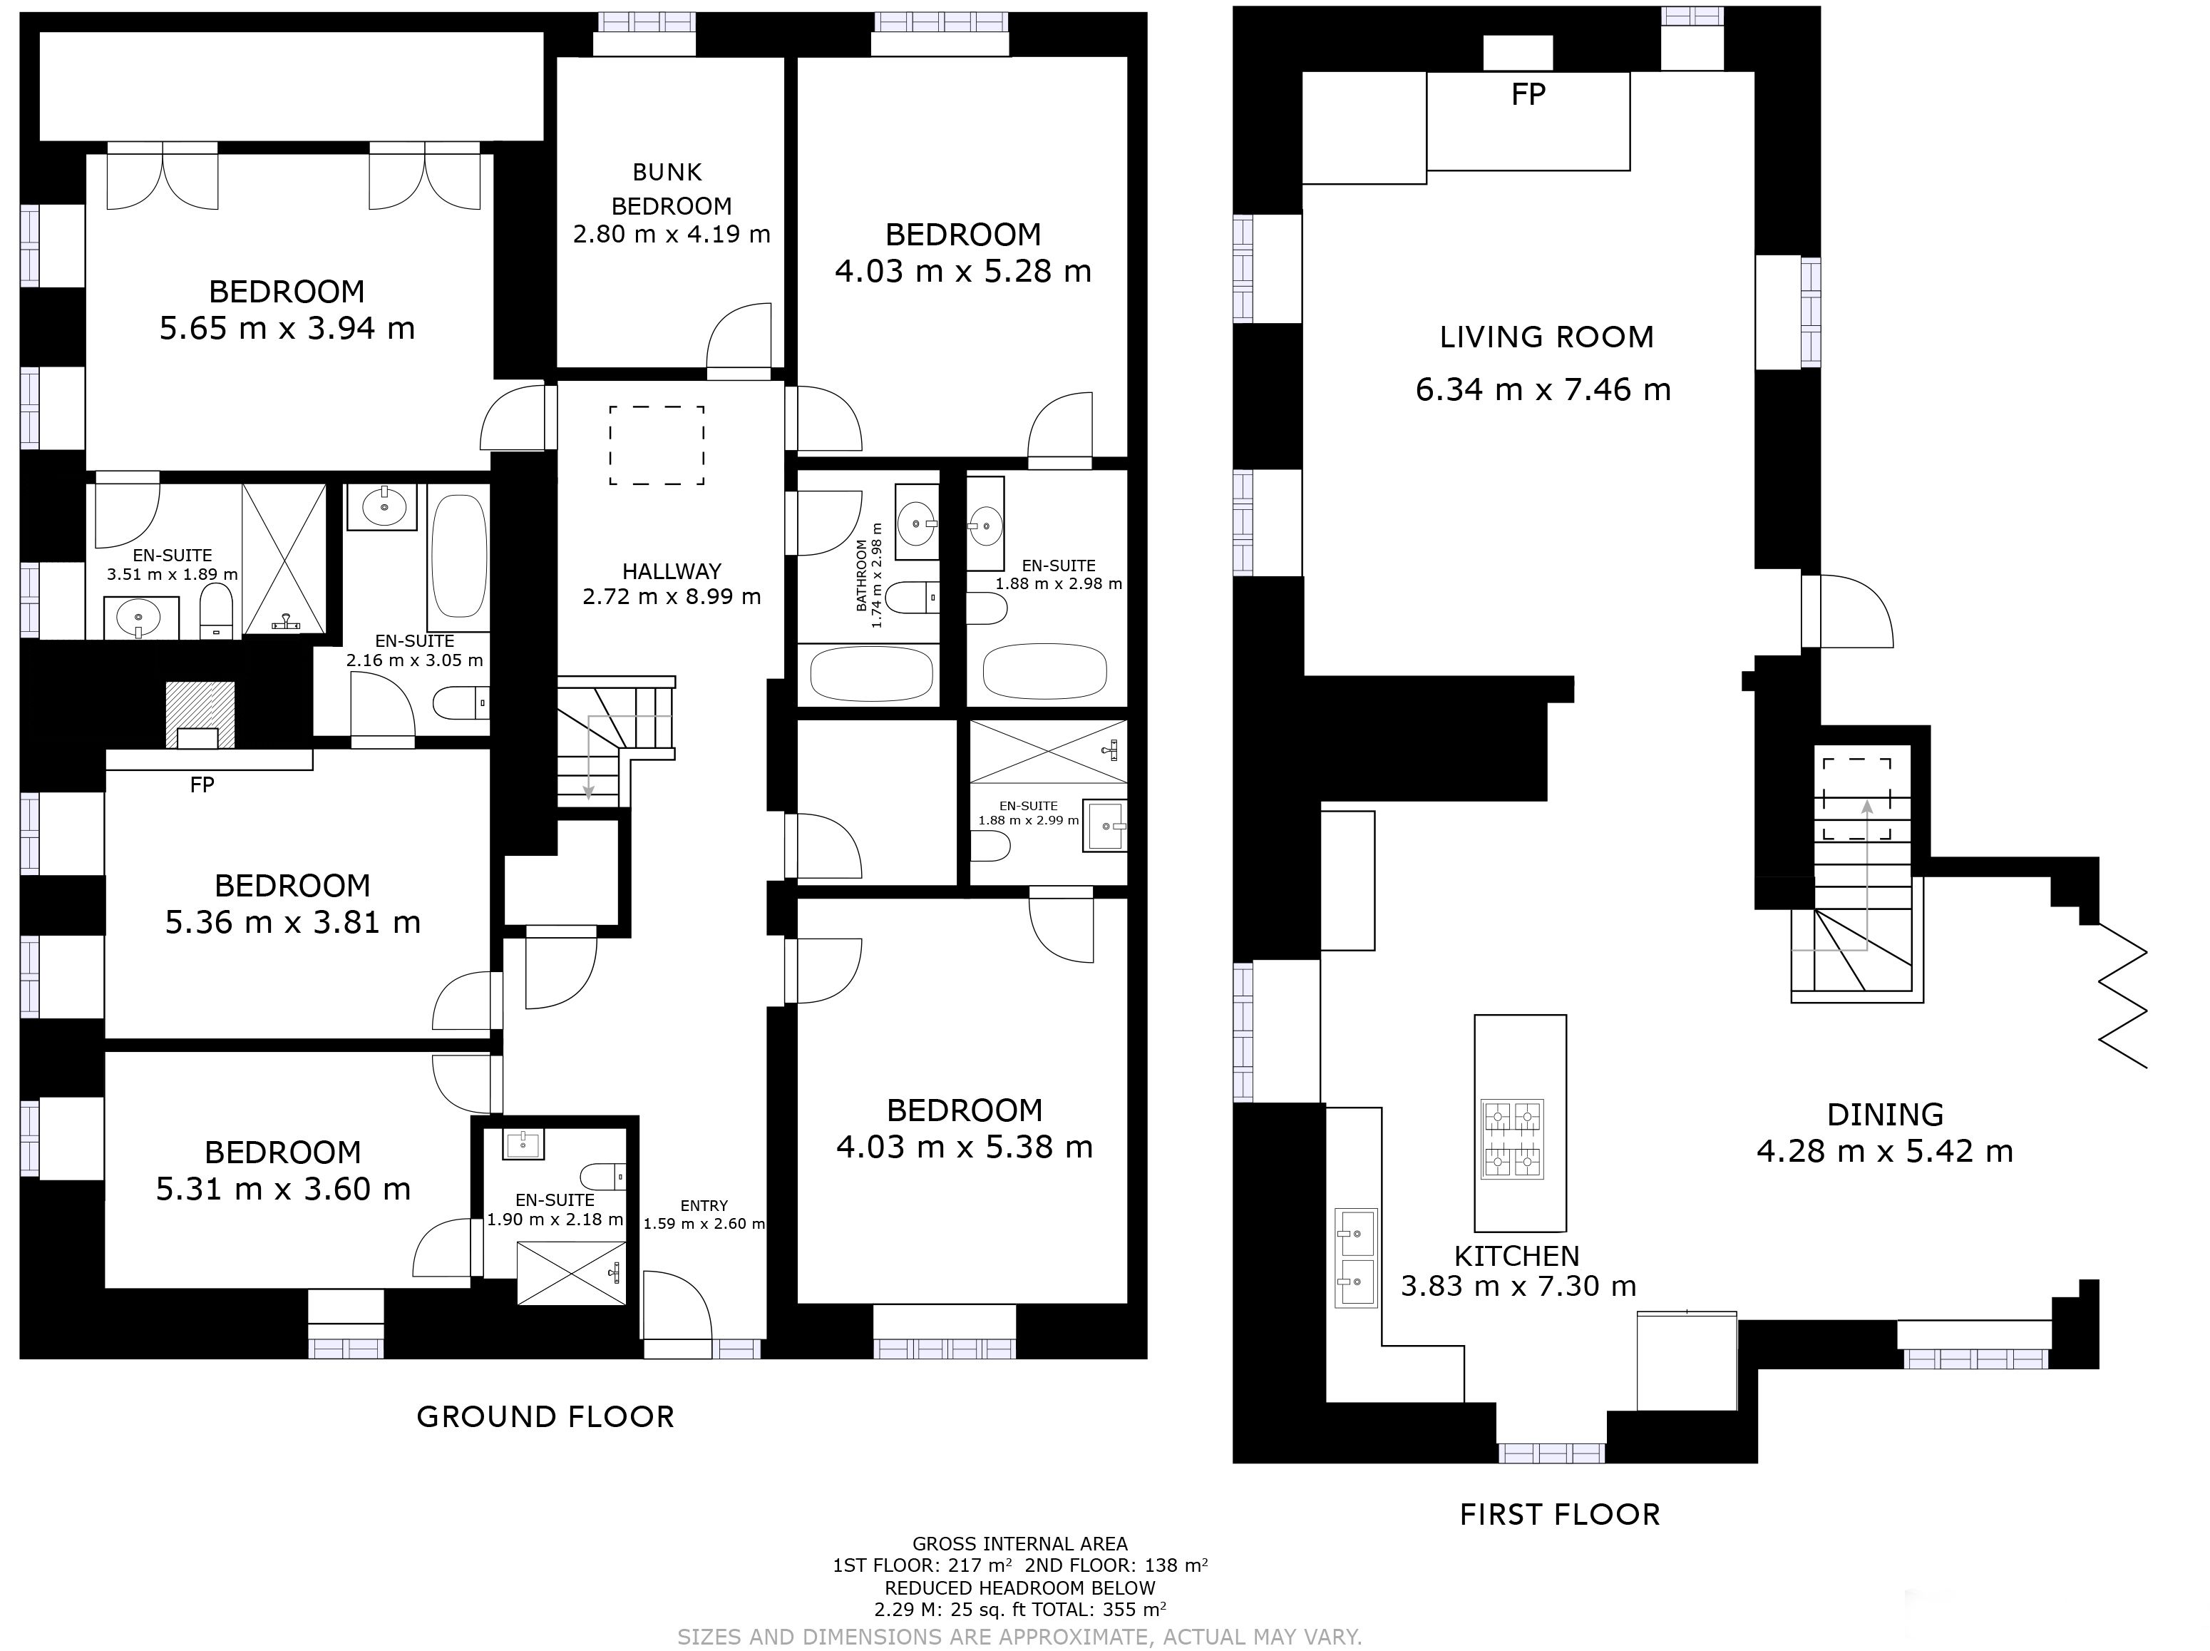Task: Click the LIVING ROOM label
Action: [1546, 337]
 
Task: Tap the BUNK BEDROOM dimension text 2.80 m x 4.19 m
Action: [672, 235]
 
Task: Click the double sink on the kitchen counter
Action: [1357, 1258]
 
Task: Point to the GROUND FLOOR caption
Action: [545, 1416]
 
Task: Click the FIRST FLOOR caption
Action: [1560, 1515]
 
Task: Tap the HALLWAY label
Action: [672, 572]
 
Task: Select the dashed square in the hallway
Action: [657, 445]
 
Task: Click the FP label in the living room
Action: [1528, 94]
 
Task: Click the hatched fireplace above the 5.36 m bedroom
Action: [200, 714]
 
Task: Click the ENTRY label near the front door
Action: [704, 1205]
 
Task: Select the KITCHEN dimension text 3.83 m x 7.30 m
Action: [1518, 1287]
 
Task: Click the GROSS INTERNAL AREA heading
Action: [1020, 1544]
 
